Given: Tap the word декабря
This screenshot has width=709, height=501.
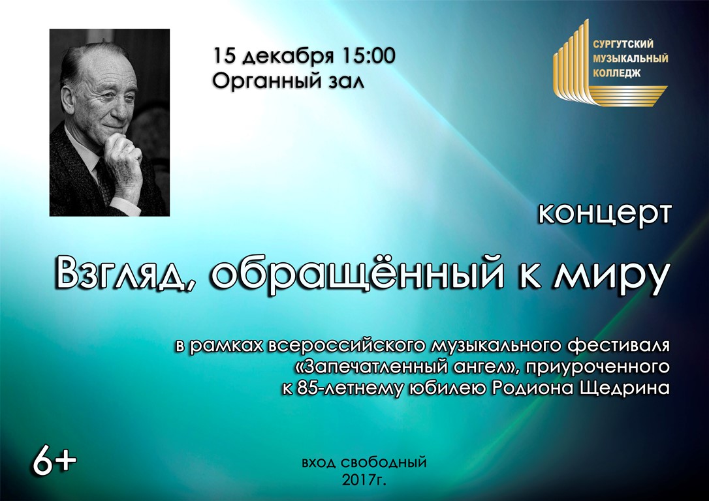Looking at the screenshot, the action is tap(289, 57).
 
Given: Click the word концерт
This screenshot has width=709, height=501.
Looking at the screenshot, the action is tap(604, 214).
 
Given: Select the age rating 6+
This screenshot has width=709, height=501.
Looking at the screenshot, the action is tap(55, 461).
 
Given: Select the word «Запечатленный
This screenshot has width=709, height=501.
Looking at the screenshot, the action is tap(370, 367).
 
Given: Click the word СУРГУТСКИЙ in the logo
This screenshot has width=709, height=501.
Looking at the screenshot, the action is tap(623, 44).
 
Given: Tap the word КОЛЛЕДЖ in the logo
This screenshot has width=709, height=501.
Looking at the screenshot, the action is tap(617, 72).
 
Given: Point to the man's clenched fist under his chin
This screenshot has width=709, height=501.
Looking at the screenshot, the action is tap(123, 155).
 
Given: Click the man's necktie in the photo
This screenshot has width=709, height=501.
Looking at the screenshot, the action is tap(104, 181).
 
